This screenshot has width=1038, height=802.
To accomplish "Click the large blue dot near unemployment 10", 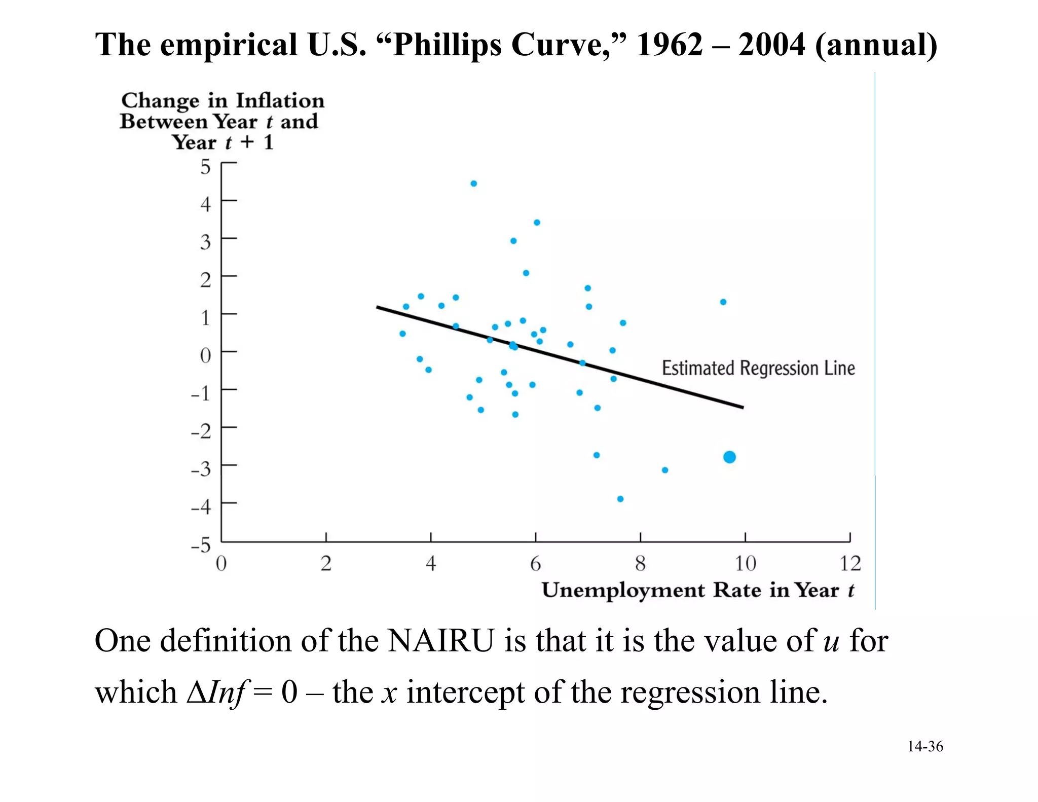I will point(729,457).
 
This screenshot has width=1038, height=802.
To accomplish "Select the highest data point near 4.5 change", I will point(473,184).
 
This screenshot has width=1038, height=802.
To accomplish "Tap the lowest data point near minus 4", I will point(620,499).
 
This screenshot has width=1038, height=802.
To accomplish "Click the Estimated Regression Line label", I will point(758,368).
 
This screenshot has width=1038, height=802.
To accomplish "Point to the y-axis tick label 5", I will point(205,167).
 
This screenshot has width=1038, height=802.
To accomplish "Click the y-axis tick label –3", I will point(201,469).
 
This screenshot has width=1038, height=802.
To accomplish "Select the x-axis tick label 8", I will point(640,563).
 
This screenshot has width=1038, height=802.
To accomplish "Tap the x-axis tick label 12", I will point(850,563).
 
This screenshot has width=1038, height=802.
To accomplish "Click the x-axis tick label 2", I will point(326,563).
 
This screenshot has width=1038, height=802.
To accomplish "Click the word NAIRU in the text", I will point(440,641).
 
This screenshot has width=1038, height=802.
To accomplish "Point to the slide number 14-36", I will point(925,746).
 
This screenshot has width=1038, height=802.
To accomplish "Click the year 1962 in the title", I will point(670,45).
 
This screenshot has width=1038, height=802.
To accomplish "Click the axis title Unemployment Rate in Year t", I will point(697,591).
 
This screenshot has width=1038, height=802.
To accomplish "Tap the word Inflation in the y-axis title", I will point(280,100).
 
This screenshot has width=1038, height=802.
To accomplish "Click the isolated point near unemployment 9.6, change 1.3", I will point(723,302).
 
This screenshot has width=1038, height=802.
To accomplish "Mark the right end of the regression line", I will point(743,407).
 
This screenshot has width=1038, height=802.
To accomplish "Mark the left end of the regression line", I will point(377,307).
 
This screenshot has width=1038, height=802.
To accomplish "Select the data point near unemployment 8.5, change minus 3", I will point(665,470).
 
